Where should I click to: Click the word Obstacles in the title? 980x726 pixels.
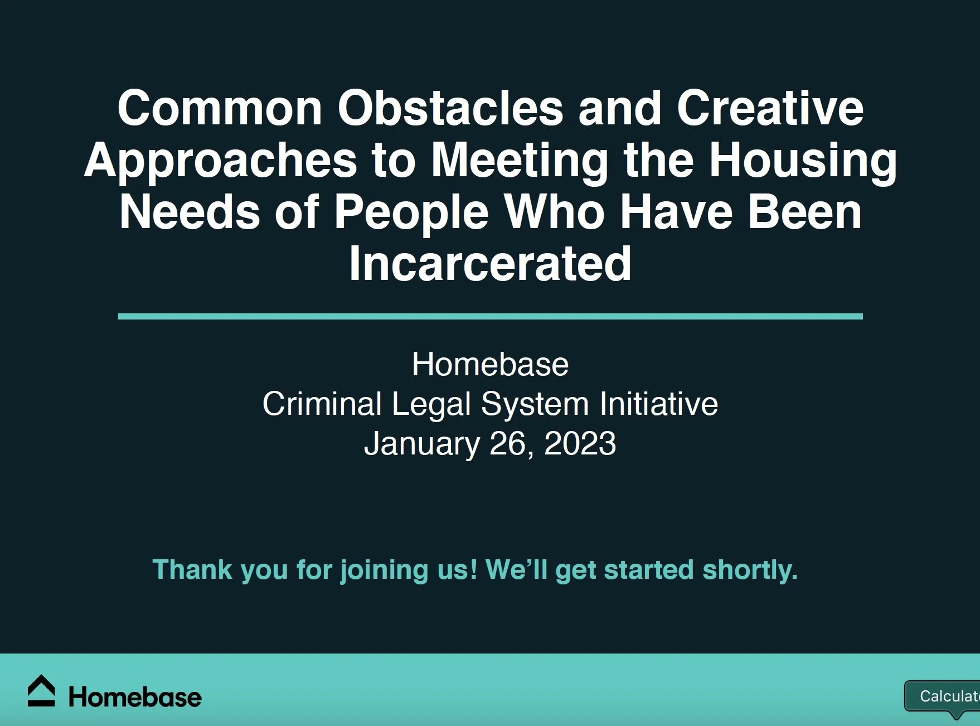click(x=450, y=108)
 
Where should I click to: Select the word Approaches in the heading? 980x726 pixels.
click(x=221, y=161)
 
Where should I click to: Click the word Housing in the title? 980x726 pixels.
click(x=803, y=161)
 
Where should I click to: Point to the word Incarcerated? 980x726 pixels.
click(x=490, y=264)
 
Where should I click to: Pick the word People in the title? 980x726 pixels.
click(x=411, y=212)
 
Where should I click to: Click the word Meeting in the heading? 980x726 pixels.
click(x=520, y=161)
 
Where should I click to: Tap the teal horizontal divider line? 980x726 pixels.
click(x=490, y=316)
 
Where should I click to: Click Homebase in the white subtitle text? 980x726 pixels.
click(x=490, y=365)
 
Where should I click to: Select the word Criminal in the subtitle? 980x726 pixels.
click(x=322, y=404)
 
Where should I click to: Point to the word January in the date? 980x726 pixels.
click(x=421, y=444)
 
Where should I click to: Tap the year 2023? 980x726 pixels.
click(x=580, y=444)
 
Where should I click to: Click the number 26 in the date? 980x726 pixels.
click(x=506, y=444)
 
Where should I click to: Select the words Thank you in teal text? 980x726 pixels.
click(x=220, y=570)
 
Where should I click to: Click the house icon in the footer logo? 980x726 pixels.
click(x=41, y=691)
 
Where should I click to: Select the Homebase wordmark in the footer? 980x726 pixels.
click(x=134, y=698)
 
